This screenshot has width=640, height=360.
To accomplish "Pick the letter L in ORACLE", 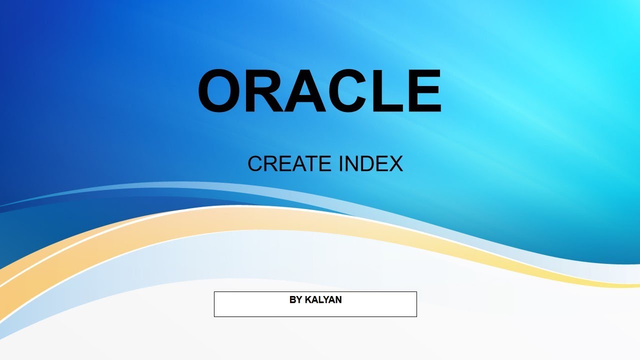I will click(x=385, y=91).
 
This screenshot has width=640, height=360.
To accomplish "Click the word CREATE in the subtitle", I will click(x=289, y=164).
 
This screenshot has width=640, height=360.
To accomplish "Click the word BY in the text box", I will click(x=295, y=300).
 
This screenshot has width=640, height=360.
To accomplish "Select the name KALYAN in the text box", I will click(x=323, y=300).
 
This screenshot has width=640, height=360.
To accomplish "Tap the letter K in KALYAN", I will click(x=308, y=300).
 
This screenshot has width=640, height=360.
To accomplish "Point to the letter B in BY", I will click(x=292, y=300).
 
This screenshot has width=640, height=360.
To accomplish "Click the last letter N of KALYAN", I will click(x=338, y=300).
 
